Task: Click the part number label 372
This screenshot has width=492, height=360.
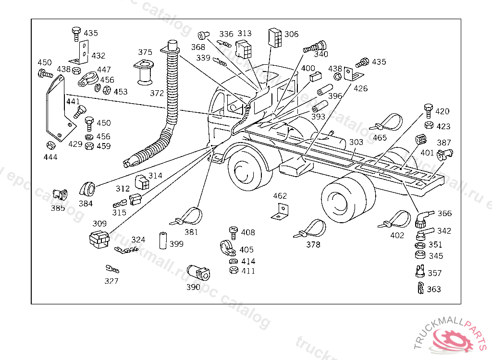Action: point(157,93)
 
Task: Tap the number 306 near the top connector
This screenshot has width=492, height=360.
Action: point(291,34)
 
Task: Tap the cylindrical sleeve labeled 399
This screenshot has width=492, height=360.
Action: point(163,240)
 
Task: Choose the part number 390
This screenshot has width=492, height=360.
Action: point(193,287)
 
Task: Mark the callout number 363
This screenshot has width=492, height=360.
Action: point(434,289)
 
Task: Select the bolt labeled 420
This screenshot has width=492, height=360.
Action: point(429,110)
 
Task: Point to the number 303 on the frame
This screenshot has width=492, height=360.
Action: point(356,143)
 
